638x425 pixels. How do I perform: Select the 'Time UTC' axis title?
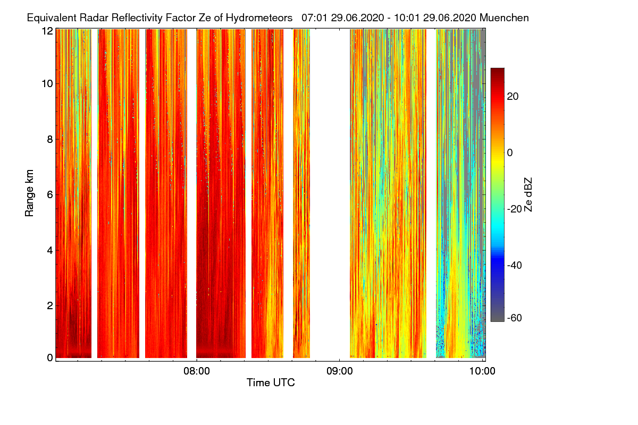pos(270,382)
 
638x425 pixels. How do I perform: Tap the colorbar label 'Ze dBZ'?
pos(528,194)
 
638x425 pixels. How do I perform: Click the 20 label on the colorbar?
pos(513,96)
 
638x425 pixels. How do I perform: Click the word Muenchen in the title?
pos(504,18)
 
